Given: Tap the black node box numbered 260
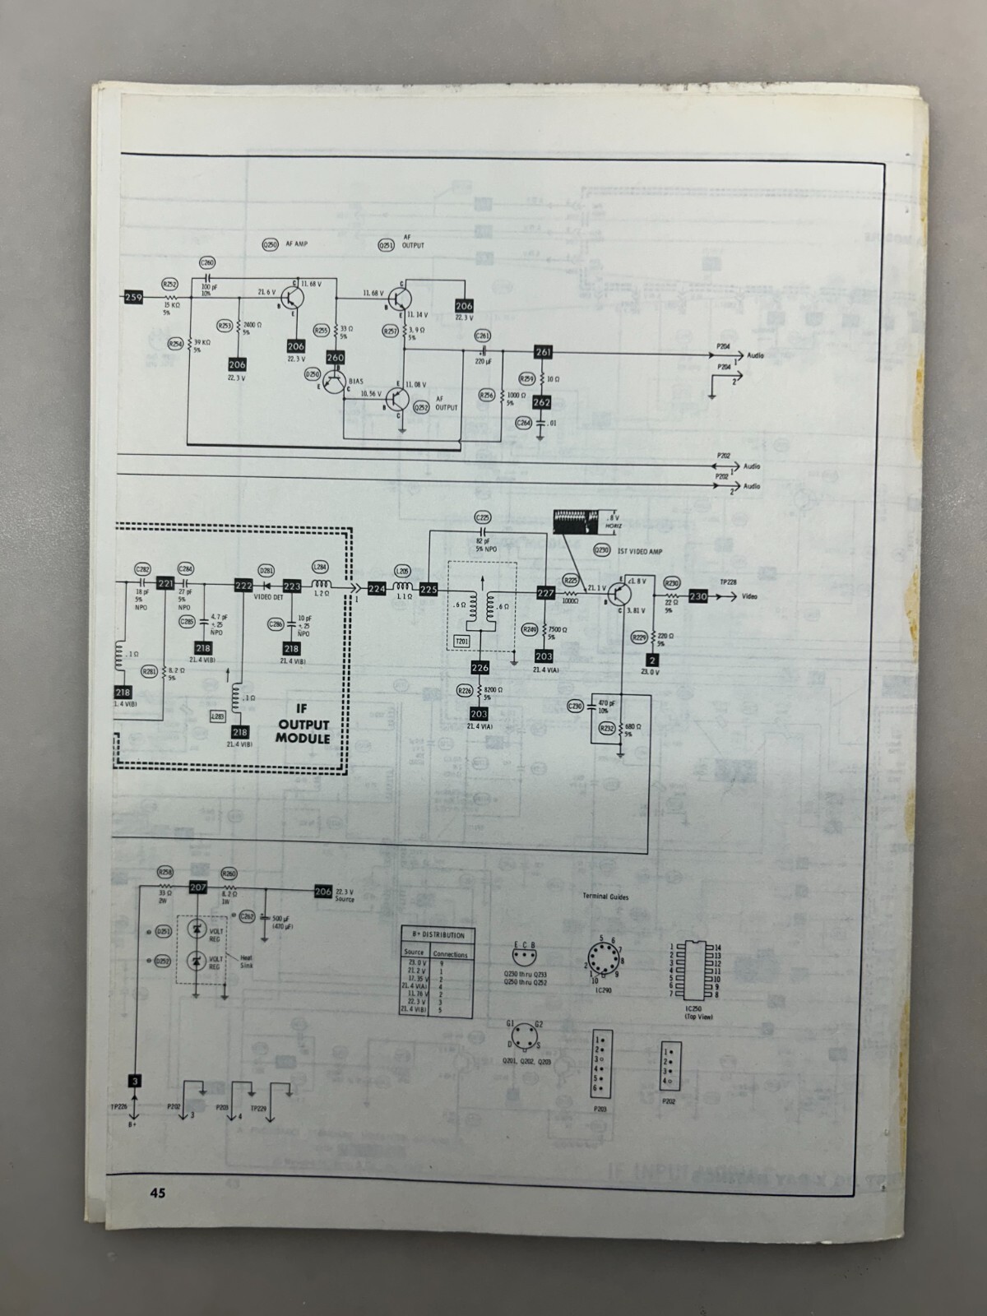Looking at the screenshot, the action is coord(335,358).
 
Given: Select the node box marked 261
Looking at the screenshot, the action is coord(543,352).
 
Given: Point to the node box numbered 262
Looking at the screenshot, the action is coord(541,402).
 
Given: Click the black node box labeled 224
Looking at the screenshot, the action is coord(377,589).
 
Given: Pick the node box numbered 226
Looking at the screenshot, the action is coord(480,667).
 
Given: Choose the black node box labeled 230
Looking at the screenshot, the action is coord(698,596).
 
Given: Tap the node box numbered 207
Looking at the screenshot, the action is coord(197,887).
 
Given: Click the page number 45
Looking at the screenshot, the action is coord(158,1193).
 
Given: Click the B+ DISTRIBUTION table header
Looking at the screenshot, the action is coord(436,935).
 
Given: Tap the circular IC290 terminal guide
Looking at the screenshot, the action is coord(606,962).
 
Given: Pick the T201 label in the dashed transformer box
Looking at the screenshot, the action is coord(461,640).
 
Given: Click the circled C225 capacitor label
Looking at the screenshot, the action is coord(483,517).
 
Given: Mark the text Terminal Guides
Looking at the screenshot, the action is coord(605,897).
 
